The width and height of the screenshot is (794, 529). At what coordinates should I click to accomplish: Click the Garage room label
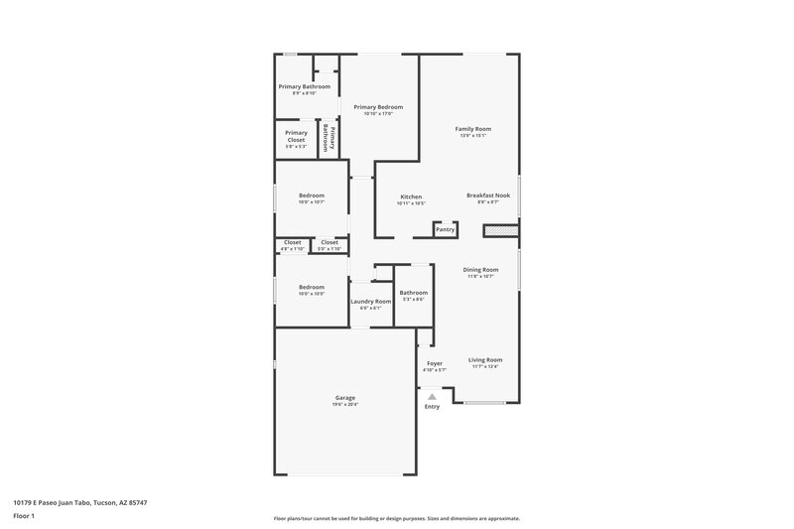344,398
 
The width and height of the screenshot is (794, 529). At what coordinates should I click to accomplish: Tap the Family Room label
473,129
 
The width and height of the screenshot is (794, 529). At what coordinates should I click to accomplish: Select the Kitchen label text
411,197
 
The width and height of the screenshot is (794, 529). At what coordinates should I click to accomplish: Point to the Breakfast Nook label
488,197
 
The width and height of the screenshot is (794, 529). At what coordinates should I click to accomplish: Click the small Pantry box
446,229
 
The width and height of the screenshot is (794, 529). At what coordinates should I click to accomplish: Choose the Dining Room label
480,269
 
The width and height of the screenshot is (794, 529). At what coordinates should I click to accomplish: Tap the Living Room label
485,360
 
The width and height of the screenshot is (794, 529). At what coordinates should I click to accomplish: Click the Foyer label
435,363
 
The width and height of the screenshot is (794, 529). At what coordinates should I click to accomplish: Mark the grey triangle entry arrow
432,396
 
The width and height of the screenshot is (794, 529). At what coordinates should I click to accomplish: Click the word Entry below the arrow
432,407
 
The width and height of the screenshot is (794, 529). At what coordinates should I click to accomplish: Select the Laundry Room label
370,301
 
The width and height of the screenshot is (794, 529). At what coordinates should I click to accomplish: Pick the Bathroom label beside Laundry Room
413,293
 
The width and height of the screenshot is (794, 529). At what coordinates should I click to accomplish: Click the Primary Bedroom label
378,106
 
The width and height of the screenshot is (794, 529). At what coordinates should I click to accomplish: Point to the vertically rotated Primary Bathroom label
330,139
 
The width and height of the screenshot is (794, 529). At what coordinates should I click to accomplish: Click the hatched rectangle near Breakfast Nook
501,230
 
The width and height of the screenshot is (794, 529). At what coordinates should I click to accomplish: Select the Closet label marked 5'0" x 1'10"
329,242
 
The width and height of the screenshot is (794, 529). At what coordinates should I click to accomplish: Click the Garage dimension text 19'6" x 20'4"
344,405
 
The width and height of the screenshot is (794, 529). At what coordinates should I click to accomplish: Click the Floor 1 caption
25,517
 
